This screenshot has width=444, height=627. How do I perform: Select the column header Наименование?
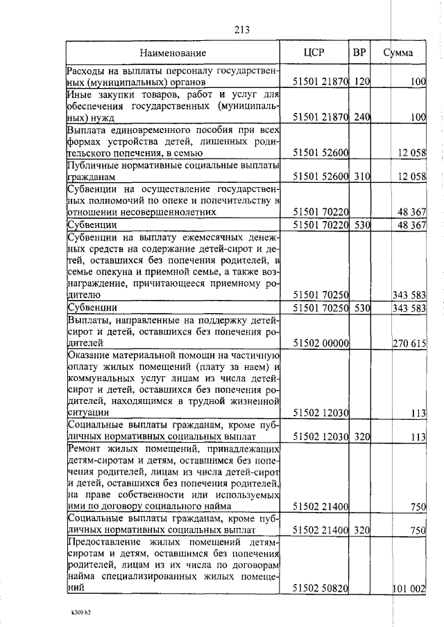173,53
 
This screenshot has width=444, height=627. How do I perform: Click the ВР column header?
359,53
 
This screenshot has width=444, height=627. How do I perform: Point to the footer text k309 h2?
81,613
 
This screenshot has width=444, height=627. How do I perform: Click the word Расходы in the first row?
86,71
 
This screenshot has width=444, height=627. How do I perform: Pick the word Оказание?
89,355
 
